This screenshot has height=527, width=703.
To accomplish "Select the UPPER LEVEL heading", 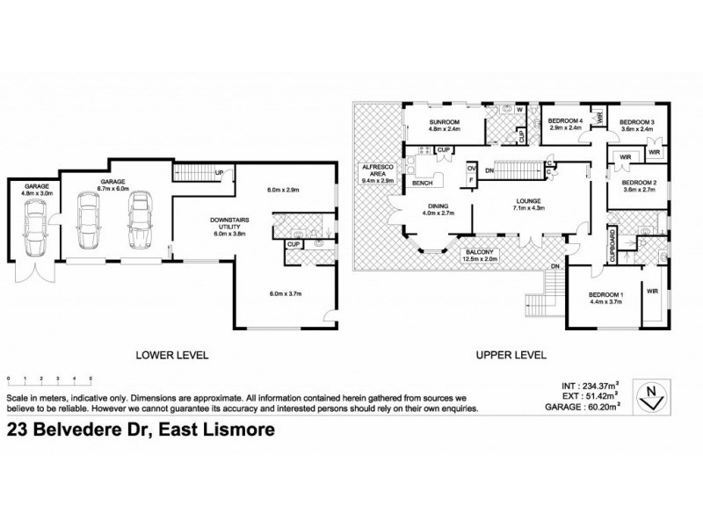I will pyautogui.click(x=511, y=356).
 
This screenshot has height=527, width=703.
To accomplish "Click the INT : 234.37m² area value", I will pyautogui.click(x=595, y=385).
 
